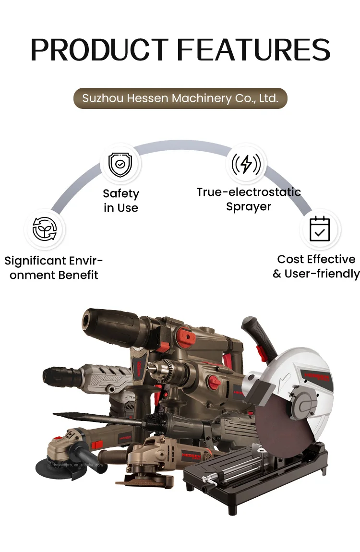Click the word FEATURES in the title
pos(254,49)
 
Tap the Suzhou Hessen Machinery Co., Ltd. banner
pos(180,98)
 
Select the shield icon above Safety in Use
pos(120,165)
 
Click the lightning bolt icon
pos(246,164)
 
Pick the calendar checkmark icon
pos(320,229)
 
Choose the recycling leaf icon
pos(44,229)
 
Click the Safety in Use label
pos(121,201)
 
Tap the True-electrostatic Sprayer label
pos(249,199)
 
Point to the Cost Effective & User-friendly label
pos(316,266)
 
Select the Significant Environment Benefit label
pos(54,268)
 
